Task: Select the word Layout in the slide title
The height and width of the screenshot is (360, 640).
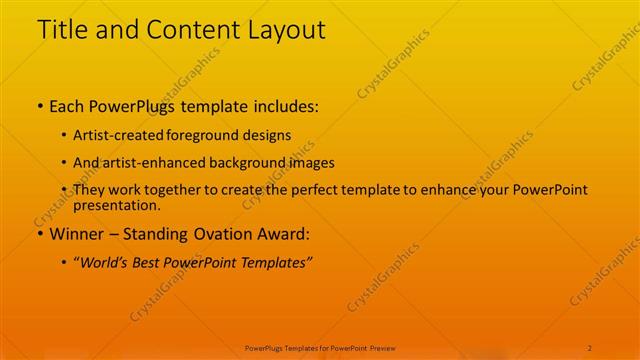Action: coord(285,30)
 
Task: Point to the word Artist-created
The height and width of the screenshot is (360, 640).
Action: coord(112,134)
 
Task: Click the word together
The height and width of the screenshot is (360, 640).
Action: coord(168,190)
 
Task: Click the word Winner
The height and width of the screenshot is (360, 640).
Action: coord(75,235)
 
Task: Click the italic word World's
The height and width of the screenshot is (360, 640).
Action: coord(104,262)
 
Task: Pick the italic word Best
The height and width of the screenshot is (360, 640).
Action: coord(151,262)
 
